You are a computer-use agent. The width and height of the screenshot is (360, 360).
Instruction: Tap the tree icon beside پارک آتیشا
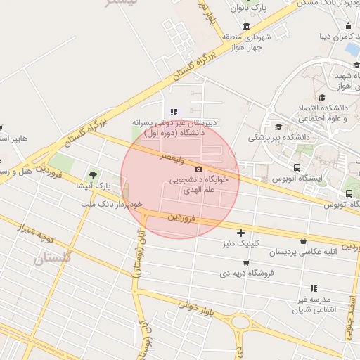pos(93,174)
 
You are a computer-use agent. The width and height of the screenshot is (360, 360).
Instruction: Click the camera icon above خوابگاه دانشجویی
pos(198,169)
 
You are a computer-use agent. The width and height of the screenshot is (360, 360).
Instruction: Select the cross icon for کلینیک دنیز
pos(241,232)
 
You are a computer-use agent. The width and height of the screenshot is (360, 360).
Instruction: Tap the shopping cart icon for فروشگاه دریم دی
pos(246,263)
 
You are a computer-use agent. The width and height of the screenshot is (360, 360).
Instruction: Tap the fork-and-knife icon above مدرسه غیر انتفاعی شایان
pos(314,288)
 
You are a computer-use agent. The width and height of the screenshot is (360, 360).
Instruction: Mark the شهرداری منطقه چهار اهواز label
pos(243,41)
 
